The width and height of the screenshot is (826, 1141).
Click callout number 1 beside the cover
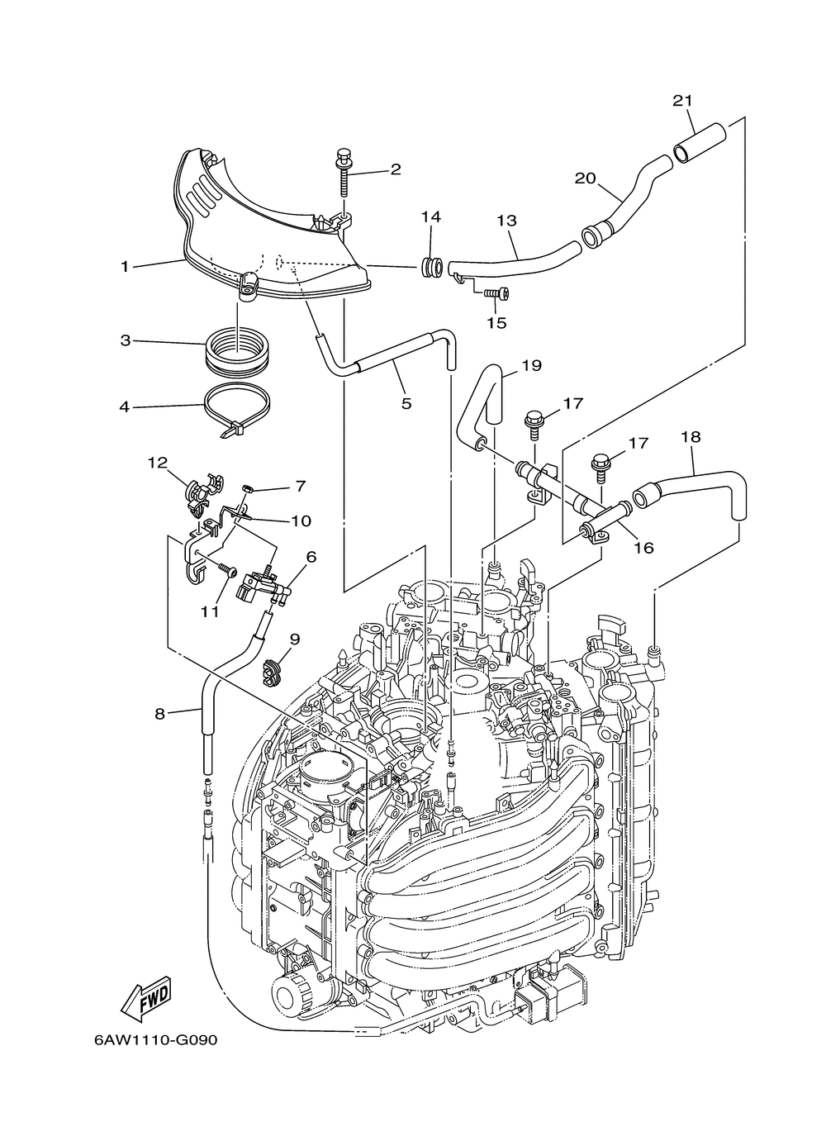coord(125,266)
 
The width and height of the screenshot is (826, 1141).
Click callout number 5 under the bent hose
coord(406,403)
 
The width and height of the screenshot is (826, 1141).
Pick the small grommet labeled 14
coord(430,269)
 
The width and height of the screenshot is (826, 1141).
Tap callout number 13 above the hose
coord(506,221)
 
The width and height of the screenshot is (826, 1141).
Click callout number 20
coord(586,178)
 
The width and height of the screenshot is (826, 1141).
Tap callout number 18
coord(691,436)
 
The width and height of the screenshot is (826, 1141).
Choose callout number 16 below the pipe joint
coord(643,547)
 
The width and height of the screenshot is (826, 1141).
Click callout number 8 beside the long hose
coord(160,712)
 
